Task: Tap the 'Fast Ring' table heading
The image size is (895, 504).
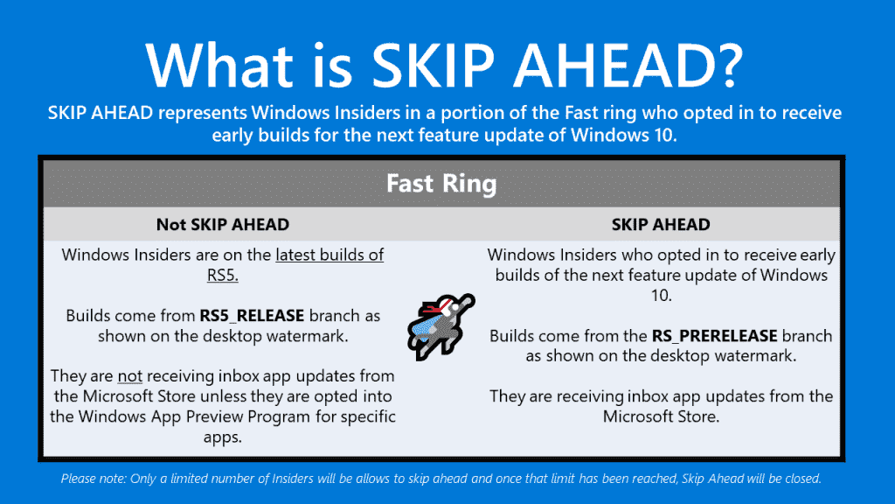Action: coord(441,184)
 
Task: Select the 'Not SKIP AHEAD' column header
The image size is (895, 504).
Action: coord(223,225)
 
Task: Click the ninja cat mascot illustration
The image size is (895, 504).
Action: coord(441,326)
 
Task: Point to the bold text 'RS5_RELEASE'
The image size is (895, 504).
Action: coord(252,316)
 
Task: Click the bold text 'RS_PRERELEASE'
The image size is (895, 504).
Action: coord(715,336)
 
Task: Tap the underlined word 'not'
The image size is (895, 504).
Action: coord(129,376)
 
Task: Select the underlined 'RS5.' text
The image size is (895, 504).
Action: coord(223,276)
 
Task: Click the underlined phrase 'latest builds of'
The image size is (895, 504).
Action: coord(330,255)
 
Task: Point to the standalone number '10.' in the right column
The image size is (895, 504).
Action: coord(662,296)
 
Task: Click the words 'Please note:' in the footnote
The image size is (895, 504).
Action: coord(94,479)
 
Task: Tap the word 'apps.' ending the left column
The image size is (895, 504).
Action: coord(223,437)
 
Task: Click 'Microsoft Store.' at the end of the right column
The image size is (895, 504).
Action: coord(661,416)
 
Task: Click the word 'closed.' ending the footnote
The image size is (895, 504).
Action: coord(803,479)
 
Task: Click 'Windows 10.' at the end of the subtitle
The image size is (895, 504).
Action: coord(623,136)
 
